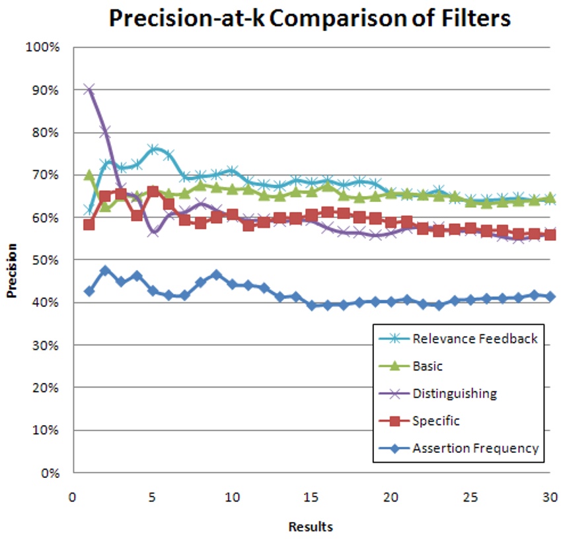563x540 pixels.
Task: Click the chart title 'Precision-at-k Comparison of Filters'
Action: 310,18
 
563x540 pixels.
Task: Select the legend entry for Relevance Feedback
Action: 475,339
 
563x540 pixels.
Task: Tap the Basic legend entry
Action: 428,366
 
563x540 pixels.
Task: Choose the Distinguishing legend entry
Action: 454,394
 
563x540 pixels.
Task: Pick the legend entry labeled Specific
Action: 435,421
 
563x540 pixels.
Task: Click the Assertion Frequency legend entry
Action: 475,448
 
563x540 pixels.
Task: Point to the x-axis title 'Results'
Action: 311,527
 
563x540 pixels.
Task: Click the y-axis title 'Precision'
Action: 12,271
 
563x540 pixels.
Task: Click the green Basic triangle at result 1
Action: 89,175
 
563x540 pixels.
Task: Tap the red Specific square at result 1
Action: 89,224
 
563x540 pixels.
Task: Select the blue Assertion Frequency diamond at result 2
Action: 105,271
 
